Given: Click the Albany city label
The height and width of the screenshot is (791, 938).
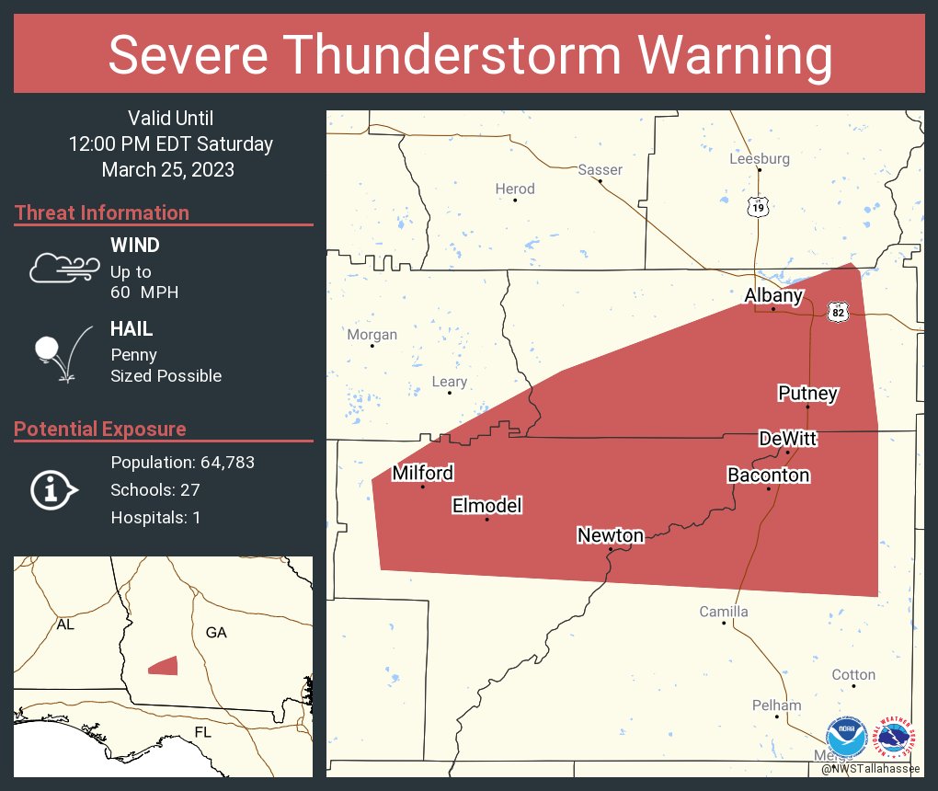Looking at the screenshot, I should [773, 295].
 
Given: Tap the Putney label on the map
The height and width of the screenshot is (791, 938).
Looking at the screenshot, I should [807, 394].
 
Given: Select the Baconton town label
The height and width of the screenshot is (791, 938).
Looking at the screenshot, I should [768, 476].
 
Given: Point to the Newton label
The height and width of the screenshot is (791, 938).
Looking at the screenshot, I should [611, 535].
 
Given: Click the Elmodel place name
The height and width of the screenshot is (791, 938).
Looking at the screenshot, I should [486, 506].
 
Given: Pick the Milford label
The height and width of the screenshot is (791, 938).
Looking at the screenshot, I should [422, 473].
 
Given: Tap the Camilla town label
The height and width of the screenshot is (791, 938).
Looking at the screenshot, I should [724, 612].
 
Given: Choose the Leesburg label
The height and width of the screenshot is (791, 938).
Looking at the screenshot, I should [759, 158].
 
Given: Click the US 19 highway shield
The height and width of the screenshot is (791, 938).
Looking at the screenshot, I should [757, 208].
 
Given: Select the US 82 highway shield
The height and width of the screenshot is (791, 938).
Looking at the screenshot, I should [837, 312].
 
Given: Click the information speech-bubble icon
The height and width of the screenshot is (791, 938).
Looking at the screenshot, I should [53, 490].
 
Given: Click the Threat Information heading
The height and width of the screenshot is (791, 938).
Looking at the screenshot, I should [102, 213].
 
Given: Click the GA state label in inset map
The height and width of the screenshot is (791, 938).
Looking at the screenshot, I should [216, 633].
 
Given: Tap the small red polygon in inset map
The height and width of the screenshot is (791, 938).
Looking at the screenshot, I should [163, 665].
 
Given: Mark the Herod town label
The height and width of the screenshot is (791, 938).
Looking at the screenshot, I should [515, 189].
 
